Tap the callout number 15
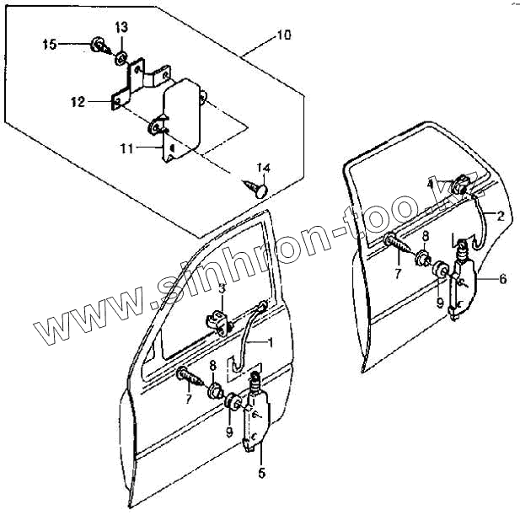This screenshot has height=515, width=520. (x=50, y=44)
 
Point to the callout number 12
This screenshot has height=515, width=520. (x=78, y=102)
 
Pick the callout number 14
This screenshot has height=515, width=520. (x=263, y=166)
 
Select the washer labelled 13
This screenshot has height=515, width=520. (x=121, y=58)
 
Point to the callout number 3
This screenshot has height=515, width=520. (x=221, y=289)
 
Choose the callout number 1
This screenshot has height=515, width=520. (x=271, y=341)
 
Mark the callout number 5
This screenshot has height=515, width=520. (x=260, y=472)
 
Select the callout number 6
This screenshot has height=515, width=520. (x=503, y=278)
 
